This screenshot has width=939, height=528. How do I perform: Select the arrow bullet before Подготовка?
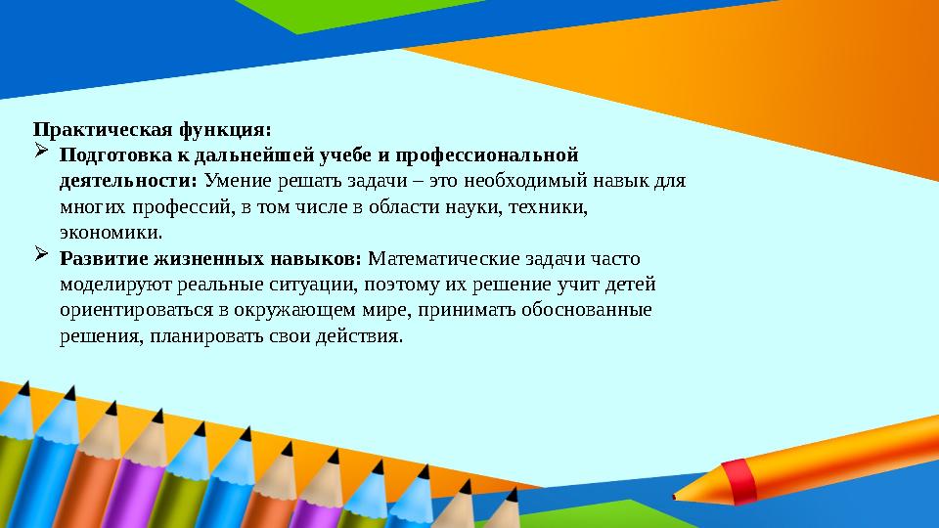tap(41, 154)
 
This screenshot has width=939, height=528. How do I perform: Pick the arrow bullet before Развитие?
tap(41, 257)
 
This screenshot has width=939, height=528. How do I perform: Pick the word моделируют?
tap(109, 285)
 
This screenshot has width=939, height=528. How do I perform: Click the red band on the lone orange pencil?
tap(742, 478)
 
